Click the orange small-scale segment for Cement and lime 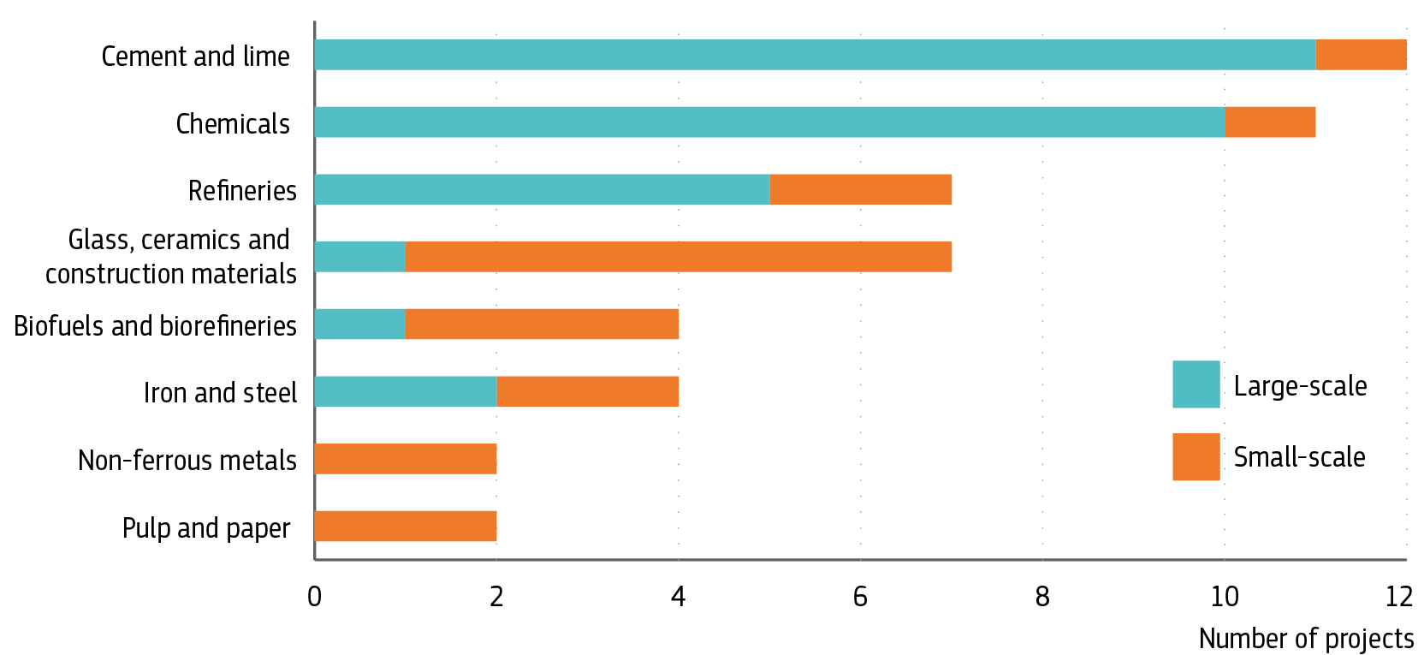click(x=1361, y=55)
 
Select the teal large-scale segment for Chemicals click(x=769, y=122)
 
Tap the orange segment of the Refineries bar click(x=861, y=189)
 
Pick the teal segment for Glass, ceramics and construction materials click(x=359, y=257)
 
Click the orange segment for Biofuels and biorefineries click(x=542, y=325)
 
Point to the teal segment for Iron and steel click(x=406, y=391)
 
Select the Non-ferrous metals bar click(x=406, y=459)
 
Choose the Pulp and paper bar click(x=406, y=527)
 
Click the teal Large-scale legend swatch click(x=1196, y=384)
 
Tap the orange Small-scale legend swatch click(x=1196, y=457)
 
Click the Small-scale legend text click(x=1299, y=457)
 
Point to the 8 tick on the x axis click(x=1042, y=596)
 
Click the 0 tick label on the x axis click(x=314, y=596)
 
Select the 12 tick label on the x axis click(x=1398, y=596)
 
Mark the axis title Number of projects click(x=1306, y=639)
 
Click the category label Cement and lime click(x=195, y=57)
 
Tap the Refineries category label click(x=242, y=190)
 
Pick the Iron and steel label click(x=220, y=393)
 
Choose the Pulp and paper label click(x=206, y=528)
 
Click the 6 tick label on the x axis click(x=860, y=596)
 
